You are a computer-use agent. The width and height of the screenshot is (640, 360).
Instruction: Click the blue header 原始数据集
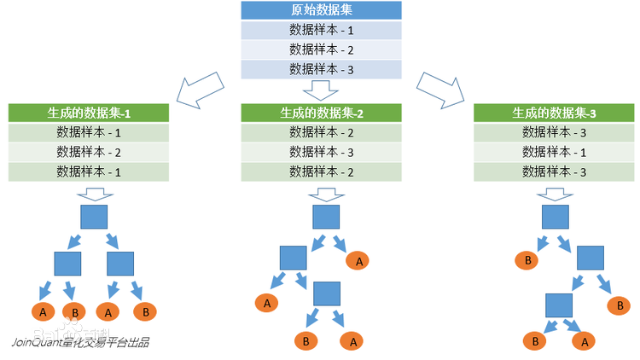coord(321,10)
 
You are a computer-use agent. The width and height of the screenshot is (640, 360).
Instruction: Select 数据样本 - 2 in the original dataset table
coord(321,49)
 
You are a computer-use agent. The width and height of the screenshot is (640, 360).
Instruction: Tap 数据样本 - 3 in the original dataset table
coord(321,69)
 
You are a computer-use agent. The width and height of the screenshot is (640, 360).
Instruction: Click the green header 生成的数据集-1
coord(89,113)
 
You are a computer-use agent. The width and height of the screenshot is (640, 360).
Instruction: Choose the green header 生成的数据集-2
coord(321,113)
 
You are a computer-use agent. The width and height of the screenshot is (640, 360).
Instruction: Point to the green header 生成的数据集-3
coord(554,113)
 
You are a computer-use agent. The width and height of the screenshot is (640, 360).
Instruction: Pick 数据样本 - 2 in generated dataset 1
coord(89,152)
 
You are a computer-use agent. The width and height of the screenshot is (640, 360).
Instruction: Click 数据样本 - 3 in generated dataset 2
coord(321,152)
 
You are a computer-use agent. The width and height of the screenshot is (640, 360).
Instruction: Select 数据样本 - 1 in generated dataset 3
coord(554,152)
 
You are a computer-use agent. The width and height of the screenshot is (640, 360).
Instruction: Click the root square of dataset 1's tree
coord(94,217)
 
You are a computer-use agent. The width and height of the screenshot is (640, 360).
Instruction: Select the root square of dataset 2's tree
coord(326,217)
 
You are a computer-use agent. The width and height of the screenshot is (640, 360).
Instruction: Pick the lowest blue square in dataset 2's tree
coord(327,294)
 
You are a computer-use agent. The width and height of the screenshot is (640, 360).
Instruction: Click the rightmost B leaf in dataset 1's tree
coord(145,312)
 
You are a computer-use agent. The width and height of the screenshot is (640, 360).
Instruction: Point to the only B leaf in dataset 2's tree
coord(305,341)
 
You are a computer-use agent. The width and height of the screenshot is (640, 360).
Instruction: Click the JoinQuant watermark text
coord(80,343)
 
